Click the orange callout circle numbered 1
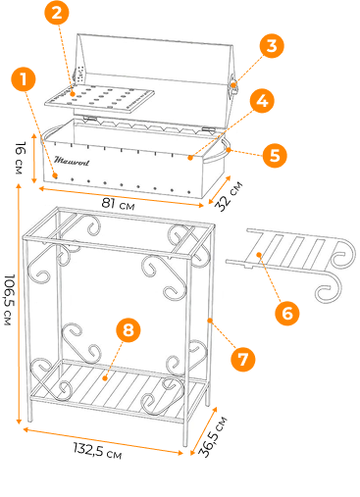(x=24, y=79)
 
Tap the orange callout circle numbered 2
(x=57, y=13)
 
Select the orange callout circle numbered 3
(x=272, y=46)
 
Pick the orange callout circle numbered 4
(x=262, y=101)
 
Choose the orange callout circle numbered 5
(x=275, y=155)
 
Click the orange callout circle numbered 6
(x=286, y=313)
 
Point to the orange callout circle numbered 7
(x=242, y=359)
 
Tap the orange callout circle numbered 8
(x=129, y=329)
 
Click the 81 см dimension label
(x=118, y=204)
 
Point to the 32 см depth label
(x=229, y=196)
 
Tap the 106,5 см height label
(x=10, y=300)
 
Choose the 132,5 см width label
(x=97, y=450)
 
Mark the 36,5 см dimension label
(x=213, y=436)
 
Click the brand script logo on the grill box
(x=72, y=161)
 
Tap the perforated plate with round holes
(x=99, y=99)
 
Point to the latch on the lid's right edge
(x=234, y=85)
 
